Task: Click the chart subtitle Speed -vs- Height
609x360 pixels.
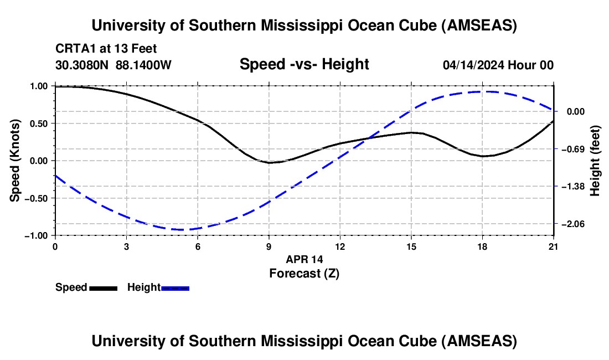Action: (x=304, y=65)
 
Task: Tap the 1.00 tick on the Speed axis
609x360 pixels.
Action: (x=39, y=86)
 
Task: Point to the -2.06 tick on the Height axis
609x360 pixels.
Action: (x=573, y=224)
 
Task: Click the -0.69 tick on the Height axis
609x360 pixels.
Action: (x=573, y=149)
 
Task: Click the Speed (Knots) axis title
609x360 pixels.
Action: (x=17, y=161)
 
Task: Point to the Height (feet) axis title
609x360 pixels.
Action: (x=596, y=161)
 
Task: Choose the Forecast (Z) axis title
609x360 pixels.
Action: (x=304, y=273)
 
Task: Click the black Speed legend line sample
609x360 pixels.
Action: (x=103, y=288)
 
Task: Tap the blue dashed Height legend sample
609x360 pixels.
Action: (x=176, y=288)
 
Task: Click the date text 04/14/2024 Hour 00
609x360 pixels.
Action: (x=498, y=65)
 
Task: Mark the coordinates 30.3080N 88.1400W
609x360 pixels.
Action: (x=113, y=65)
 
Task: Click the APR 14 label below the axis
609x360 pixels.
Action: (x=304, y=259)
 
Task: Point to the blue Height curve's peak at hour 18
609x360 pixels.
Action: (x=482, y=91)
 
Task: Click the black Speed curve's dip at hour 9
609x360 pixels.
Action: (x=269, y=163)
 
